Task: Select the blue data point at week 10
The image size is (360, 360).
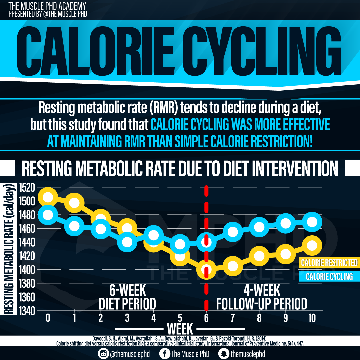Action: click(x=312, y=222)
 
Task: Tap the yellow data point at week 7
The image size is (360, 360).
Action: click(x=233, y=266)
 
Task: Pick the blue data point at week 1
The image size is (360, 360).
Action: click(x=74, y=226)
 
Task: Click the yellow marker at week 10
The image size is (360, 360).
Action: click(x=312, y=245)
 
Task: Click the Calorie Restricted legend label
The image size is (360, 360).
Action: click(x=329, y=263)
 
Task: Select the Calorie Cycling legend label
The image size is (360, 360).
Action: click(x=329, y=276)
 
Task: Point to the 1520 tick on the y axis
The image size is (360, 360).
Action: click(x=27, y=188)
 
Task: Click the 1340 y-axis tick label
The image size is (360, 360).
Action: click(x=27, y=311)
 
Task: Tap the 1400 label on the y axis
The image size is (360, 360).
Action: click(x=27, y=270)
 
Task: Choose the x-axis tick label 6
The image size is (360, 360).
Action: click(x=206, y=318)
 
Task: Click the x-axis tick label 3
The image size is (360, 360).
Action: click(x=127, y=318)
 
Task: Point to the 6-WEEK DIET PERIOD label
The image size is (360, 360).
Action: click(x=127, y=297)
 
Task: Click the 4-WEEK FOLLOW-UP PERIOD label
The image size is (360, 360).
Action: click(x=262, y=297)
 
